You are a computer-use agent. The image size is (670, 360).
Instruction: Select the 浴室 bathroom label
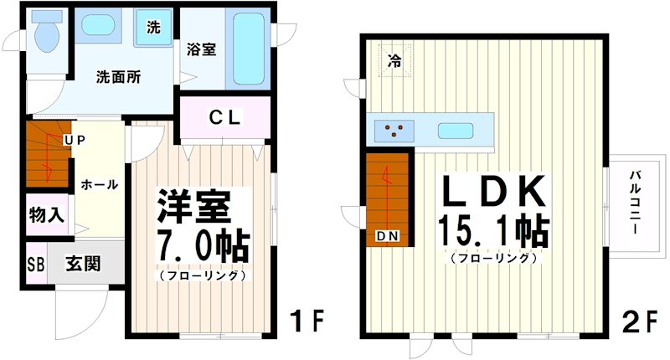tap(202, 49)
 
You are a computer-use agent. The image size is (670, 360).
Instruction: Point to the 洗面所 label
tap(118, 77)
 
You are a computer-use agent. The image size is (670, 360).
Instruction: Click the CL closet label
tap(225, 118)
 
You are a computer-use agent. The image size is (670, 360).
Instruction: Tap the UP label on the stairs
tap(75, 140)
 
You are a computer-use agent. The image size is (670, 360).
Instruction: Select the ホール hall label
tap(99, 185)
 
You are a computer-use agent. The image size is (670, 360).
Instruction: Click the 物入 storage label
tap(46, 214)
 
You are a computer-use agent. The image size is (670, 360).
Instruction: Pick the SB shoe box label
tap(36, 265)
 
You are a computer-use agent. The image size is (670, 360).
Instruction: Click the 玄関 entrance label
tap(84, 265)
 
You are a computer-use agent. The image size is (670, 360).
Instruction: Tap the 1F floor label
tap(307, 321)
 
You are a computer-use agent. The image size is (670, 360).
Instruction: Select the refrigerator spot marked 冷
tap(395, 59)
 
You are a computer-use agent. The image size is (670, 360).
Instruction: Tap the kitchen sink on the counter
tap(453, 130)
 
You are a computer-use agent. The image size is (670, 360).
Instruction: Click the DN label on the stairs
tap(387, 237)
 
